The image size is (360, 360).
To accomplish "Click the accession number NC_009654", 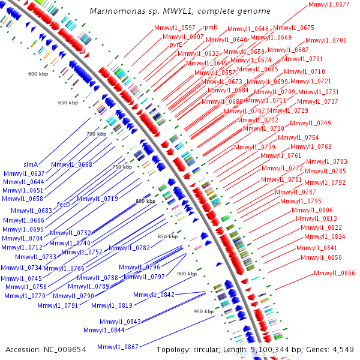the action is click(65, 349).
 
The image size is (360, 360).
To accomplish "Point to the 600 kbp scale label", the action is click(38, 74).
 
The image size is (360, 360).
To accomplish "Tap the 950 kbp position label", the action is click(204, 311).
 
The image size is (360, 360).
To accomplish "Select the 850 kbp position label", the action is click(167, 237).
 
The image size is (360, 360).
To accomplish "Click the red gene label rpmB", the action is click(209, 27).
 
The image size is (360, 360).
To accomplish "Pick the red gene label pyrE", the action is click(176, 44).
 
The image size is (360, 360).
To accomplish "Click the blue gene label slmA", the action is click(31, 164).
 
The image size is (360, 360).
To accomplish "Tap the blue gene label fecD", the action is click(64, 205).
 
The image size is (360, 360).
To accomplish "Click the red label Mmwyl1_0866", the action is click(334, 273).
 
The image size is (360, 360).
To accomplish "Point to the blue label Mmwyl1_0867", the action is click(118, 347).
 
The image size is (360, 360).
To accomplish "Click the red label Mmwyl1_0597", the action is click(175, 28).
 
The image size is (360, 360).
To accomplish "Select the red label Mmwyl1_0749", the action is click(310, 123).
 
